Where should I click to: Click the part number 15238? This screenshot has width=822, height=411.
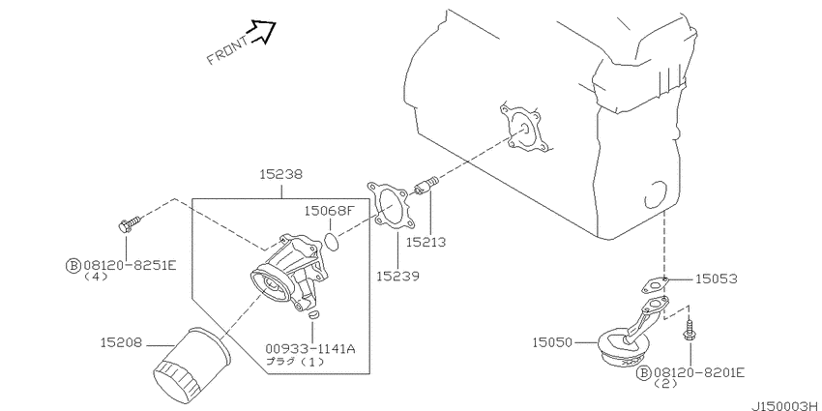pos(281,175)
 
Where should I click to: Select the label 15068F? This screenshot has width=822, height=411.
pos(330,211)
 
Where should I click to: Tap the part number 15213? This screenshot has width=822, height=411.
pos(426,242)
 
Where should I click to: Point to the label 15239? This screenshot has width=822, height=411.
pos(397,276)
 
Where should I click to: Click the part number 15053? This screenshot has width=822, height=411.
pos(716,279)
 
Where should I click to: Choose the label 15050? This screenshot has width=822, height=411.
pos(553,343)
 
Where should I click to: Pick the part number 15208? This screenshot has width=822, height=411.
pos(122,343)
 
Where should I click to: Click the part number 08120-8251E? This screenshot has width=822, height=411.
pos(130,266)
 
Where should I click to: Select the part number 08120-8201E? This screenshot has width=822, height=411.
pos(699,372)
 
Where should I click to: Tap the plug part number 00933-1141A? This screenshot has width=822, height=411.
pos(309,348)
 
